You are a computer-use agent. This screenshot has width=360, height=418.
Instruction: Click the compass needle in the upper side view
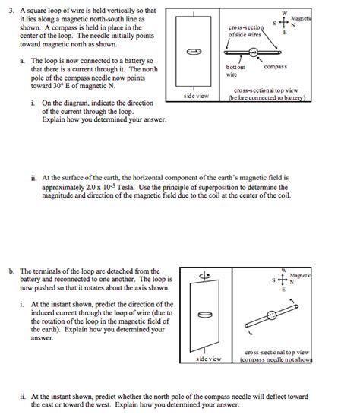click(195, 51)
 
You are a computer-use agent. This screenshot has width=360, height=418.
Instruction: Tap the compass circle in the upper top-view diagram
click(253, 52)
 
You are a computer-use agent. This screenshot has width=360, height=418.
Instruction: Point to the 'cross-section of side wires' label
click(245, 30)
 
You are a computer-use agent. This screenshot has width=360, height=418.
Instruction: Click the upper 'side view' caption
click(196, 97)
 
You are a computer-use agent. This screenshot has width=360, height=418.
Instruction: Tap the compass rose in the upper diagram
click(284, 23)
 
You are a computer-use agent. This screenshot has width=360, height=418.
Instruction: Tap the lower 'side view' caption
click(208, 358)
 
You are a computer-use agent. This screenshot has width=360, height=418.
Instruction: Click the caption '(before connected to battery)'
click(270, 97)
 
